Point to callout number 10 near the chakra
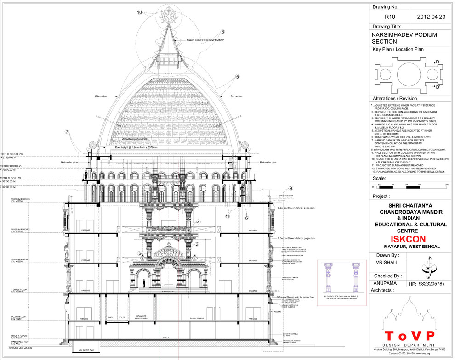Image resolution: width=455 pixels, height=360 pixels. [x=139, y=13]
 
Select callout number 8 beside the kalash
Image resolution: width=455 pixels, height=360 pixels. [x=222, y=32]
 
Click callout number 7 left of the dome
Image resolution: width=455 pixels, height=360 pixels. [x=67, y=132]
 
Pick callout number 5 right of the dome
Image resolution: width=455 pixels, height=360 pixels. [x=238, y=77]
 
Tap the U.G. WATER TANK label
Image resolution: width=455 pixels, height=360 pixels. [x=86, y=350]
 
